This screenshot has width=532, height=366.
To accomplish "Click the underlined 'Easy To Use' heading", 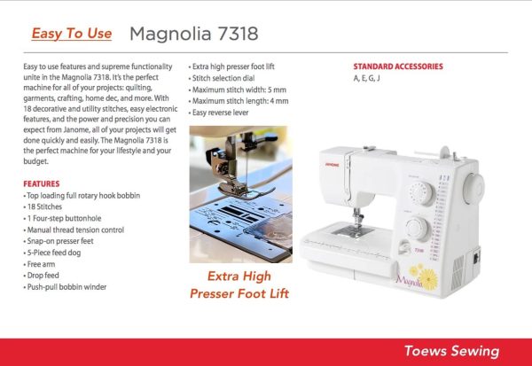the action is click(71, 34).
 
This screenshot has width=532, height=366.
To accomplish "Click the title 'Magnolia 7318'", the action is click(193, 34).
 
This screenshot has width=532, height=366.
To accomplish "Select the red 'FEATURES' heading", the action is click(42, 183).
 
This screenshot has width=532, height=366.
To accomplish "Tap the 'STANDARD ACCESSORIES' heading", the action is click(398, 66).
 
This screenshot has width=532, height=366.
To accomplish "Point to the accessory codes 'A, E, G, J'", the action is click(366, 78).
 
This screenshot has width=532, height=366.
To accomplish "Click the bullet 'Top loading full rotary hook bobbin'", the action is click(82, 196).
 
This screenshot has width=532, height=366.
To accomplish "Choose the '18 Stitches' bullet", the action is click(43, 206).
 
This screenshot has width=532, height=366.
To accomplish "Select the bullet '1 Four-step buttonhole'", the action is click(62, 218).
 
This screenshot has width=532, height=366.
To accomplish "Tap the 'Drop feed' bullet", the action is click(41, 276).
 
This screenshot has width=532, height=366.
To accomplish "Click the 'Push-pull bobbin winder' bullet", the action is click(65, 287).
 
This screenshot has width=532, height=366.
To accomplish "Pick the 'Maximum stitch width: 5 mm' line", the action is click(238, 90).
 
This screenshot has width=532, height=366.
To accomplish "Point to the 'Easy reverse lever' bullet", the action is click(218, 113).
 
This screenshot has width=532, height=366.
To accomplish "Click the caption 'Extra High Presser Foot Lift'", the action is click(239, 285).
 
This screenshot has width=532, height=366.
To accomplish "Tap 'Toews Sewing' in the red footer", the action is click(451, 351).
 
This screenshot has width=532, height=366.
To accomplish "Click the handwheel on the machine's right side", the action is click(473, 188).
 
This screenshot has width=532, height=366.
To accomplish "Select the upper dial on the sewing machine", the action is click(421, 193).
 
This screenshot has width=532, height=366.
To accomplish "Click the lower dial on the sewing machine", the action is click(418, 229).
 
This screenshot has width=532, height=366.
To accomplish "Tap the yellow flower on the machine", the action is click(428, 279).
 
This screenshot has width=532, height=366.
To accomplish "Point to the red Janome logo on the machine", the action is click(332, 165).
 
